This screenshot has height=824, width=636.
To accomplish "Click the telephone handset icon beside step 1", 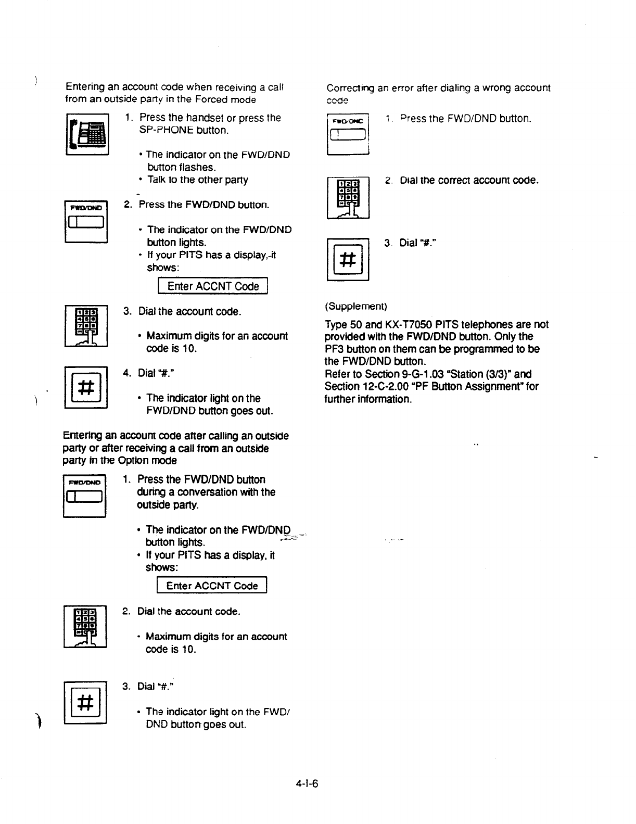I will click(87, 134).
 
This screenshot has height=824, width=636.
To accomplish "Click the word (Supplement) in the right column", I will click(356, 306).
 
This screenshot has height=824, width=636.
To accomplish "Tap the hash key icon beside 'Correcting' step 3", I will click(348, 259).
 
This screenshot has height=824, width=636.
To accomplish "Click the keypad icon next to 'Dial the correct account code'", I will click(348, 198).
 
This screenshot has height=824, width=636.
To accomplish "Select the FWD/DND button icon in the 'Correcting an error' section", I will click(348, 134).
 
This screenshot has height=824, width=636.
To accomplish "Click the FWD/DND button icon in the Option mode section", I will click(84, 495).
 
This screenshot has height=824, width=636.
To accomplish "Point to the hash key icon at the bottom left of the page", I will click(85, 702).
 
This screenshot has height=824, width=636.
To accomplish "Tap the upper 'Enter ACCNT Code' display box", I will click(212, 286).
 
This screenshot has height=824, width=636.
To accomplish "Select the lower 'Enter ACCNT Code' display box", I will click(212, 586).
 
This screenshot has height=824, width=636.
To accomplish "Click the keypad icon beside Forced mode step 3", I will click(86, 326).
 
